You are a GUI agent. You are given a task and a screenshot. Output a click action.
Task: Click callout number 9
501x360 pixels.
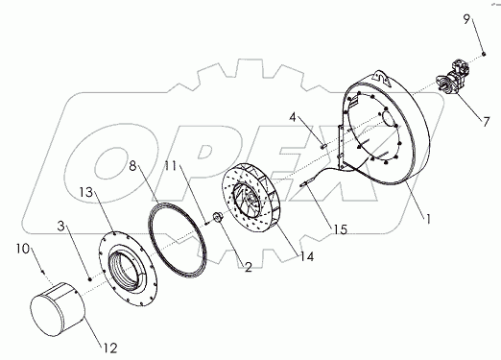tap(466, 20)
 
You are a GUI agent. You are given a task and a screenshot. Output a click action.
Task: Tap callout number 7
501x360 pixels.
tap(486, 122)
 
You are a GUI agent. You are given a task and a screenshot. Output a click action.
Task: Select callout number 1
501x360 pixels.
tap(428, 219)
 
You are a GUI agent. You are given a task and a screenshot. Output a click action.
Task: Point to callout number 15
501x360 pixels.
tap(341, 229)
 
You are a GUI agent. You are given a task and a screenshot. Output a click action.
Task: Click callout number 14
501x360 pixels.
tap(306, 256)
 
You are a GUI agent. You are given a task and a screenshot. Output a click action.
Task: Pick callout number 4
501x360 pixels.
tap(293, 117)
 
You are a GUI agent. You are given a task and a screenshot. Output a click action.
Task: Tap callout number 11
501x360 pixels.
tap(171, 166)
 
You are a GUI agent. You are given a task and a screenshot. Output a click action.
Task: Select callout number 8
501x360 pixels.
tap(132, 166)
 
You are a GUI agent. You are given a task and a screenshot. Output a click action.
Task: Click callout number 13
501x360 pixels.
tap(86, 192)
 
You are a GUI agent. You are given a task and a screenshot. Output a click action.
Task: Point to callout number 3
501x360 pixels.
tap(61, 227)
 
